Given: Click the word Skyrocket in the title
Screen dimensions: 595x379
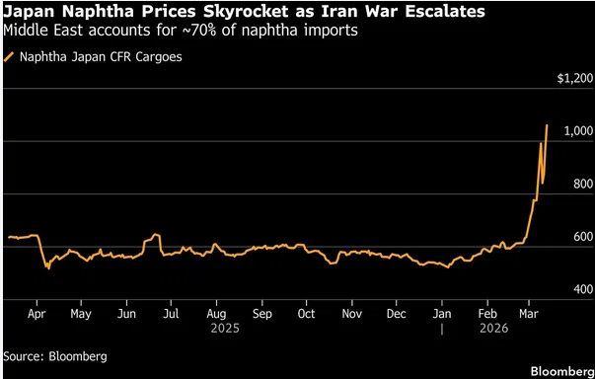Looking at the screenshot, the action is tap(244, 12).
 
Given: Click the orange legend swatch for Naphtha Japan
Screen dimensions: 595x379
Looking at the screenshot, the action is tap(9, 57).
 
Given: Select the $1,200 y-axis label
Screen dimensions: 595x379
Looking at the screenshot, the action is tap(575, 79).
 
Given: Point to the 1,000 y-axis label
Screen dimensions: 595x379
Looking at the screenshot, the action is tap(578, 131).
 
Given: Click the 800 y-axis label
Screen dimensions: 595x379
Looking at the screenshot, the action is tap(583, 184).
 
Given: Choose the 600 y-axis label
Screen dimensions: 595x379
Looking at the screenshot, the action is tap(583, 237).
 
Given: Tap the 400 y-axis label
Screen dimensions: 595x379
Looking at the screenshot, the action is tap(583, 289).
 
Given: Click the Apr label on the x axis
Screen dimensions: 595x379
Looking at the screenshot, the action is tap(37, 315).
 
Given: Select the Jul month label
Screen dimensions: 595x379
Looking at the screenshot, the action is tap(171, 314).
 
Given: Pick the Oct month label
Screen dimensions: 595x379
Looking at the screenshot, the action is tap(306, 314).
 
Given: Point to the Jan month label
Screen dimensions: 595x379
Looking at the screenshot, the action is tap(442, 314).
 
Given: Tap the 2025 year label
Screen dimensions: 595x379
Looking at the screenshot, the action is tap(225, 328).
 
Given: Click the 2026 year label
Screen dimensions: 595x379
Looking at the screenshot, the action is tap(493, 328).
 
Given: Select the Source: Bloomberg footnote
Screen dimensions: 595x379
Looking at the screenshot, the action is tap(55, 356).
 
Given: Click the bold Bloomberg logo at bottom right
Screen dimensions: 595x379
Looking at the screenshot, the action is tap(562, 371).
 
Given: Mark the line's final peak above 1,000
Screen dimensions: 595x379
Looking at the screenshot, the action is tap(547, 125).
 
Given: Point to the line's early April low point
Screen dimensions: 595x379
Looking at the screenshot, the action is tap(49, 268).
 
